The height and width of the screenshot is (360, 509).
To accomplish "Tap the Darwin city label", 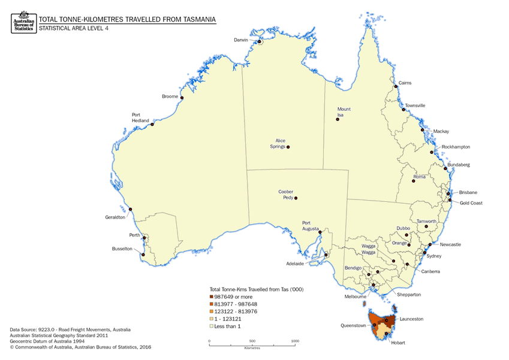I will (x=241, y=40).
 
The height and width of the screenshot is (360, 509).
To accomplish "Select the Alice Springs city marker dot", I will (x=288, y=147).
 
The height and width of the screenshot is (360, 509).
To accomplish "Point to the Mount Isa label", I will (x=344, y=112).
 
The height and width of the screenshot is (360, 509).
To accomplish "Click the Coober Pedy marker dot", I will (x=296, y=198).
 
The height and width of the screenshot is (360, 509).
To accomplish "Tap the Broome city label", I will (x=170, y=96).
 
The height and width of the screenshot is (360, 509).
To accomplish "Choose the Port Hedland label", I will (x=140, y=117).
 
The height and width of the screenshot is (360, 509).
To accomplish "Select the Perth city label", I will (x=134, y=235).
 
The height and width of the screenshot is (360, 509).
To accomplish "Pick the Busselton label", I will (x=122, y=249).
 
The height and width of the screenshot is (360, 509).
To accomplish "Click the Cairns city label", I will (x=405, y=83).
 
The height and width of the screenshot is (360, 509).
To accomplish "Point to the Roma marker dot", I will (x=413, y=181).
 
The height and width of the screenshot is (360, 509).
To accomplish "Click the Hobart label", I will (x=398, y=342).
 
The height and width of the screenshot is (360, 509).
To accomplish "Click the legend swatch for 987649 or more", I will (x=212, y=297).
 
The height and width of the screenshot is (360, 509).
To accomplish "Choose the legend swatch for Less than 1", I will (x=212, y=326).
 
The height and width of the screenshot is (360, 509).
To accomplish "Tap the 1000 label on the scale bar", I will (x=295, y=341).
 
